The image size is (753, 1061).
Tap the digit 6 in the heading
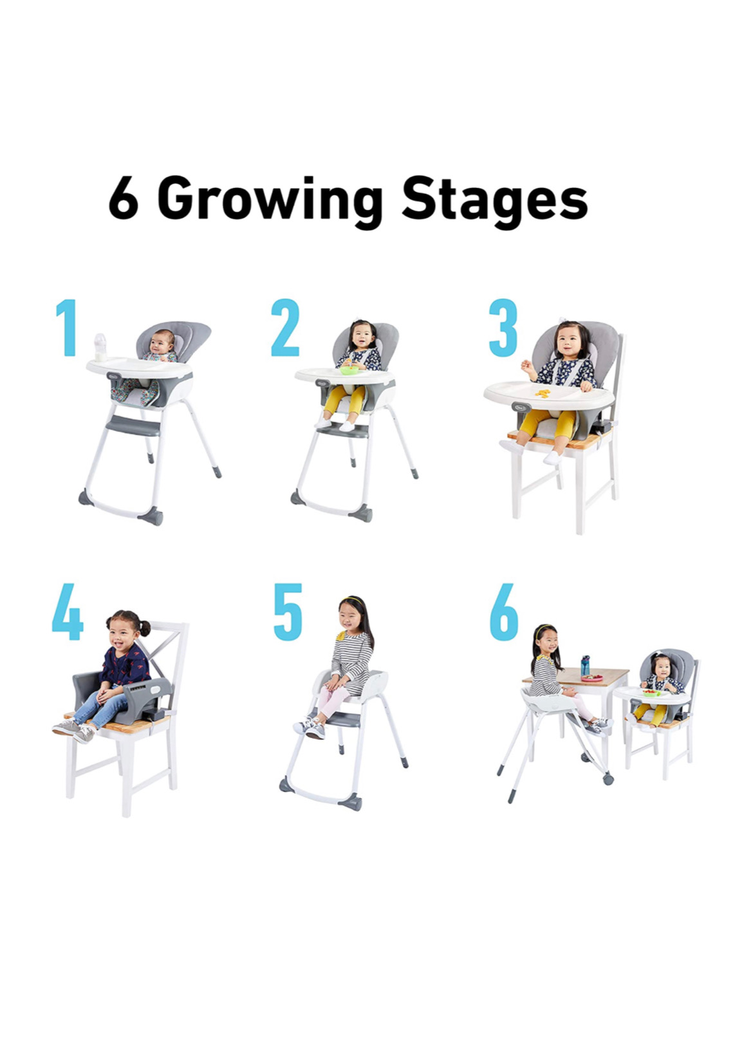point(124,198)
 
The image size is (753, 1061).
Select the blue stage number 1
point(67,327)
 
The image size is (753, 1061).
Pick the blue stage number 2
point(285,327)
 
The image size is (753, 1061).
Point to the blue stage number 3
point(503,327)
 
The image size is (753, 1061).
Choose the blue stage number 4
point(68,612)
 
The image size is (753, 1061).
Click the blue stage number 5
point(288,612)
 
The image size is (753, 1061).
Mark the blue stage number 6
point(504,612)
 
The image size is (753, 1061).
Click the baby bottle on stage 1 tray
point(100,348)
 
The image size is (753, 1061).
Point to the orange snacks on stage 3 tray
point(543,393)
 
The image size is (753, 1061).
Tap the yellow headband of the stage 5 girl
point(353,601)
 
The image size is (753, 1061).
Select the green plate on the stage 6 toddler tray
point(651,693)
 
